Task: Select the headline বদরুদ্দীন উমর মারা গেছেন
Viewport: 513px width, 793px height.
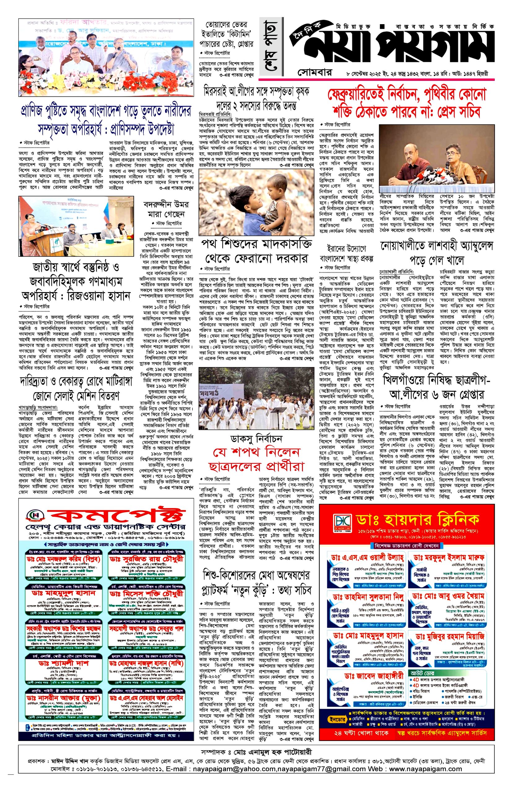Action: tap(166, 209)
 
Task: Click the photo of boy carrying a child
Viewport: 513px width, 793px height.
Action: tap(256, 202)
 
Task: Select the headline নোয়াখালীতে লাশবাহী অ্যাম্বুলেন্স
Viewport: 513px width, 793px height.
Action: tap(436, 252)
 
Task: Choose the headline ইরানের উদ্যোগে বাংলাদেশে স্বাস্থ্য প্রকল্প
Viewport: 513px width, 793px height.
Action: tap(347, 253)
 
